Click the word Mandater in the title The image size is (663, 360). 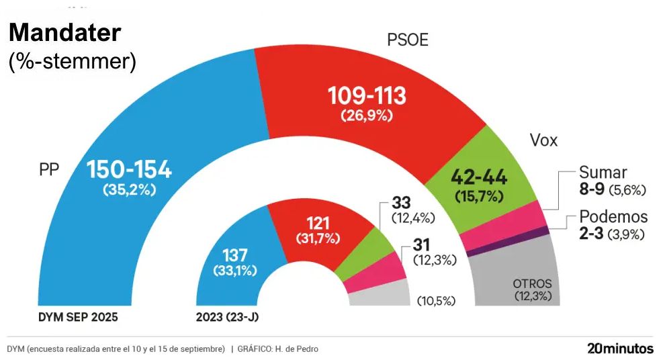pos(65,33)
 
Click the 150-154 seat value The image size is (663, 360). pos(130,170)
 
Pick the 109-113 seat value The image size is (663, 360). pos(367,96)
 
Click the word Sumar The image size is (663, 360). pos(603,173)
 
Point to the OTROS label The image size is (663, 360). pos(532,283)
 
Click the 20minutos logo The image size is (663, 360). pos(619,349)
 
